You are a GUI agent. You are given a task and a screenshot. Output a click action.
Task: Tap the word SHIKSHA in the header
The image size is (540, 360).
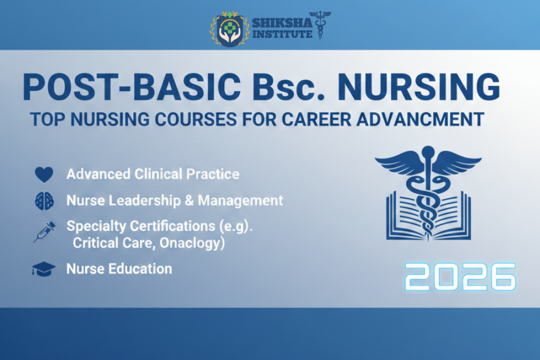tap(278, 23)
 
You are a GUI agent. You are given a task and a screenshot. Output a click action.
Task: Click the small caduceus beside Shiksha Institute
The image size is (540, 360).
tap(319, 25)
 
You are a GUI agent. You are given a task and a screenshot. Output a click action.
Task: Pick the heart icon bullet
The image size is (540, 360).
tap(44, 174)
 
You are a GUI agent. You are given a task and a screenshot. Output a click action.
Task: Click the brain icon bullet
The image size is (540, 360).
tap(44, 201)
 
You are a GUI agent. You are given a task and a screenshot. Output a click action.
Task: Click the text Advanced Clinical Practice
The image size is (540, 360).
tap(153, 174)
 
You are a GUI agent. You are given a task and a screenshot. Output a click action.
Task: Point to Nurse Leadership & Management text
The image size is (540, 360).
tap(175, 201)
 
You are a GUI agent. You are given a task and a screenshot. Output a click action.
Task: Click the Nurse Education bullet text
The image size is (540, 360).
tap(119, 269)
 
